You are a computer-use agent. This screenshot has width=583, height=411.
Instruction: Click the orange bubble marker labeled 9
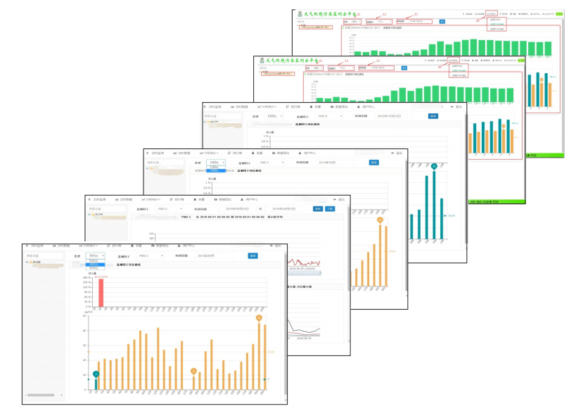[193, 371]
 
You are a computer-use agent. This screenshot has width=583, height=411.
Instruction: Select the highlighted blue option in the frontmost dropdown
[96, 265]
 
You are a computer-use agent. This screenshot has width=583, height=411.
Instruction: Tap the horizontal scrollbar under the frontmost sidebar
[42, 396]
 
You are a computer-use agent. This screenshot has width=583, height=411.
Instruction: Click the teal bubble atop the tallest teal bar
[434, 166]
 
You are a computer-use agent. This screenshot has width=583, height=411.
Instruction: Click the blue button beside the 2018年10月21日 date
[433, 115]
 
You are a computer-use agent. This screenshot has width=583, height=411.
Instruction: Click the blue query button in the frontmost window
[253, 256]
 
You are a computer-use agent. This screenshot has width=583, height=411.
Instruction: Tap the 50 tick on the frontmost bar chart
[84, 317]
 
